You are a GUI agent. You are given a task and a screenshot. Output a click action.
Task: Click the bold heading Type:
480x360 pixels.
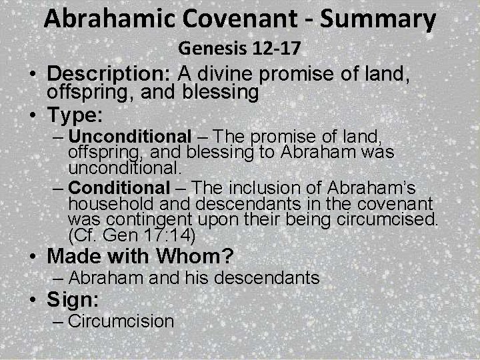click(74, 115)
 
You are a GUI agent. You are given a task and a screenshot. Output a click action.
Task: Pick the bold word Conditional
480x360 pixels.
click(120, 188)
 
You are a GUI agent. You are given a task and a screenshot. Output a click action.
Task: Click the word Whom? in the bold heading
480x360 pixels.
click(210, 256)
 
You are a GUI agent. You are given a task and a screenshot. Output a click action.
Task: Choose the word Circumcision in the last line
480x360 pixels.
click(121, 321)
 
